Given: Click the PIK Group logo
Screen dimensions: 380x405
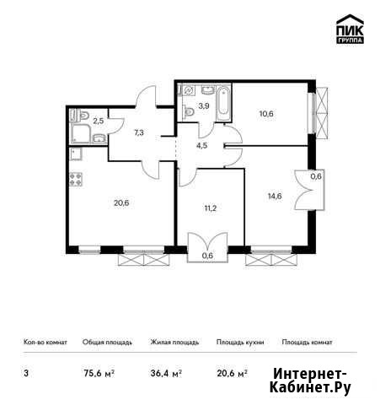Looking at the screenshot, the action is coord(350,29).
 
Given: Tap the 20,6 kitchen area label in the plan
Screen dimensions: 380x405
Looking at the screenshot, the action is coord(121,202).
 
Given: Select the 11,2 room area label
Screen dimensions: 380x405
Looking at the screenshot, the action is coord(211,208).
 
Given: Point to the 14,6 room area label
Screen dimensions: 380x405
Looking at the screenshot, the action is coord(275,196).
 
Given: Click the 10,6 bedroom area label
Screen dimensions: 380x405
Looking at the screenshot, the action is coord(266,114).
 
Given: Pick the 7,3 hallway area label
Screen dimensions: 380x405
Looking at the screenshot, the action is coord(139,132).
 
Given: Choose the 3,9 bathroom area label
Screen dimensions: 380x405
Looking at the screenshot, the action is coord(204,106).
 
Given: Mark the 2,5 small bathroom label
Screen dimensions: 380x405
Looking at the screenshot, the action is coord(99,121).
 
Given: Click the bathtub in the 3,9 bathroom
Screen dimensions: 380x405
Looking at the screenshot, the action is coord(223,104).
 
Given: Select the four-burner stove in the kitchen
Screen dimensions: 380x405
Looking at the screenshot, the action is coord(76,179).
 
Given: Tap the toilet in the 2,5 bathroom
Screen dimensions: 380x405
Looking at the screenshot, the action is coord(83,115).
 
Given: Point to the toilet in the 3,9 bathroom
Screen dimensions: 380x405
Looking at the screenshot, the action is coord(189,112).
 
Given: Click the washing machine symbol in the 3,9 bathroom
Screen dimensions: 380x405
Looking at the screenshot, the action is coord(189,90).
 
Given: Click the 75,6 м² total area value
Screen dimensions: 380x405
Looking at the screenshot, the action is coord(99,374).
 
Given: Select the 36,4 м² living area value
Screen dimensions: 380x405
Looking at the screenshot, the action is coord(166,374).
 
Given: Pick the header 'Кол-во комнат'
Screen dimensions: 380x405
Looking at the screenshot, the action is coord(45,343).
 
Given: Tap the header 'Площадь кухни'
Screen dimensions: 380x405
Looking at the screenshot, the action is coord(240,343).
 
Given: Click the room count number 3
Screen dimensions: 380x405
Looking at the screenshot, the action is coord(26,374).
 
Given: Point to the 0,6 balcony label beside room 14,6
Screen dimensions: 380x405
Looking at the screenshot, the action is coord(316,176).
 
